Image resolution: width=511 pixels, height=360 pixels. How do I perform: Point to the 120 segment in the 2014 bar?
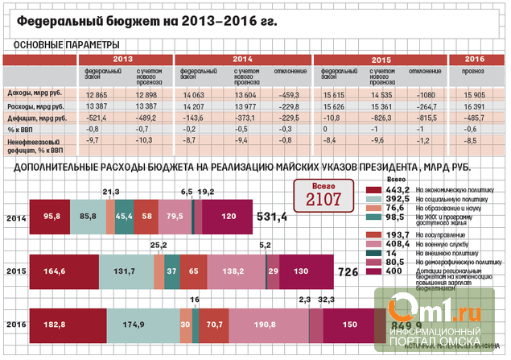point(230,217)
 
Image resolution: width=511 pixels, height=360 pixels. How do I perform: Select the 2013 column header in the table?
point(123,60)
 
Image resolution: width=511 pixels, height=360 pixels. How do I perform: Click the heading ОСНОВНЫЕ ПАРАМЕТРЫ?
point(68,43)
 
